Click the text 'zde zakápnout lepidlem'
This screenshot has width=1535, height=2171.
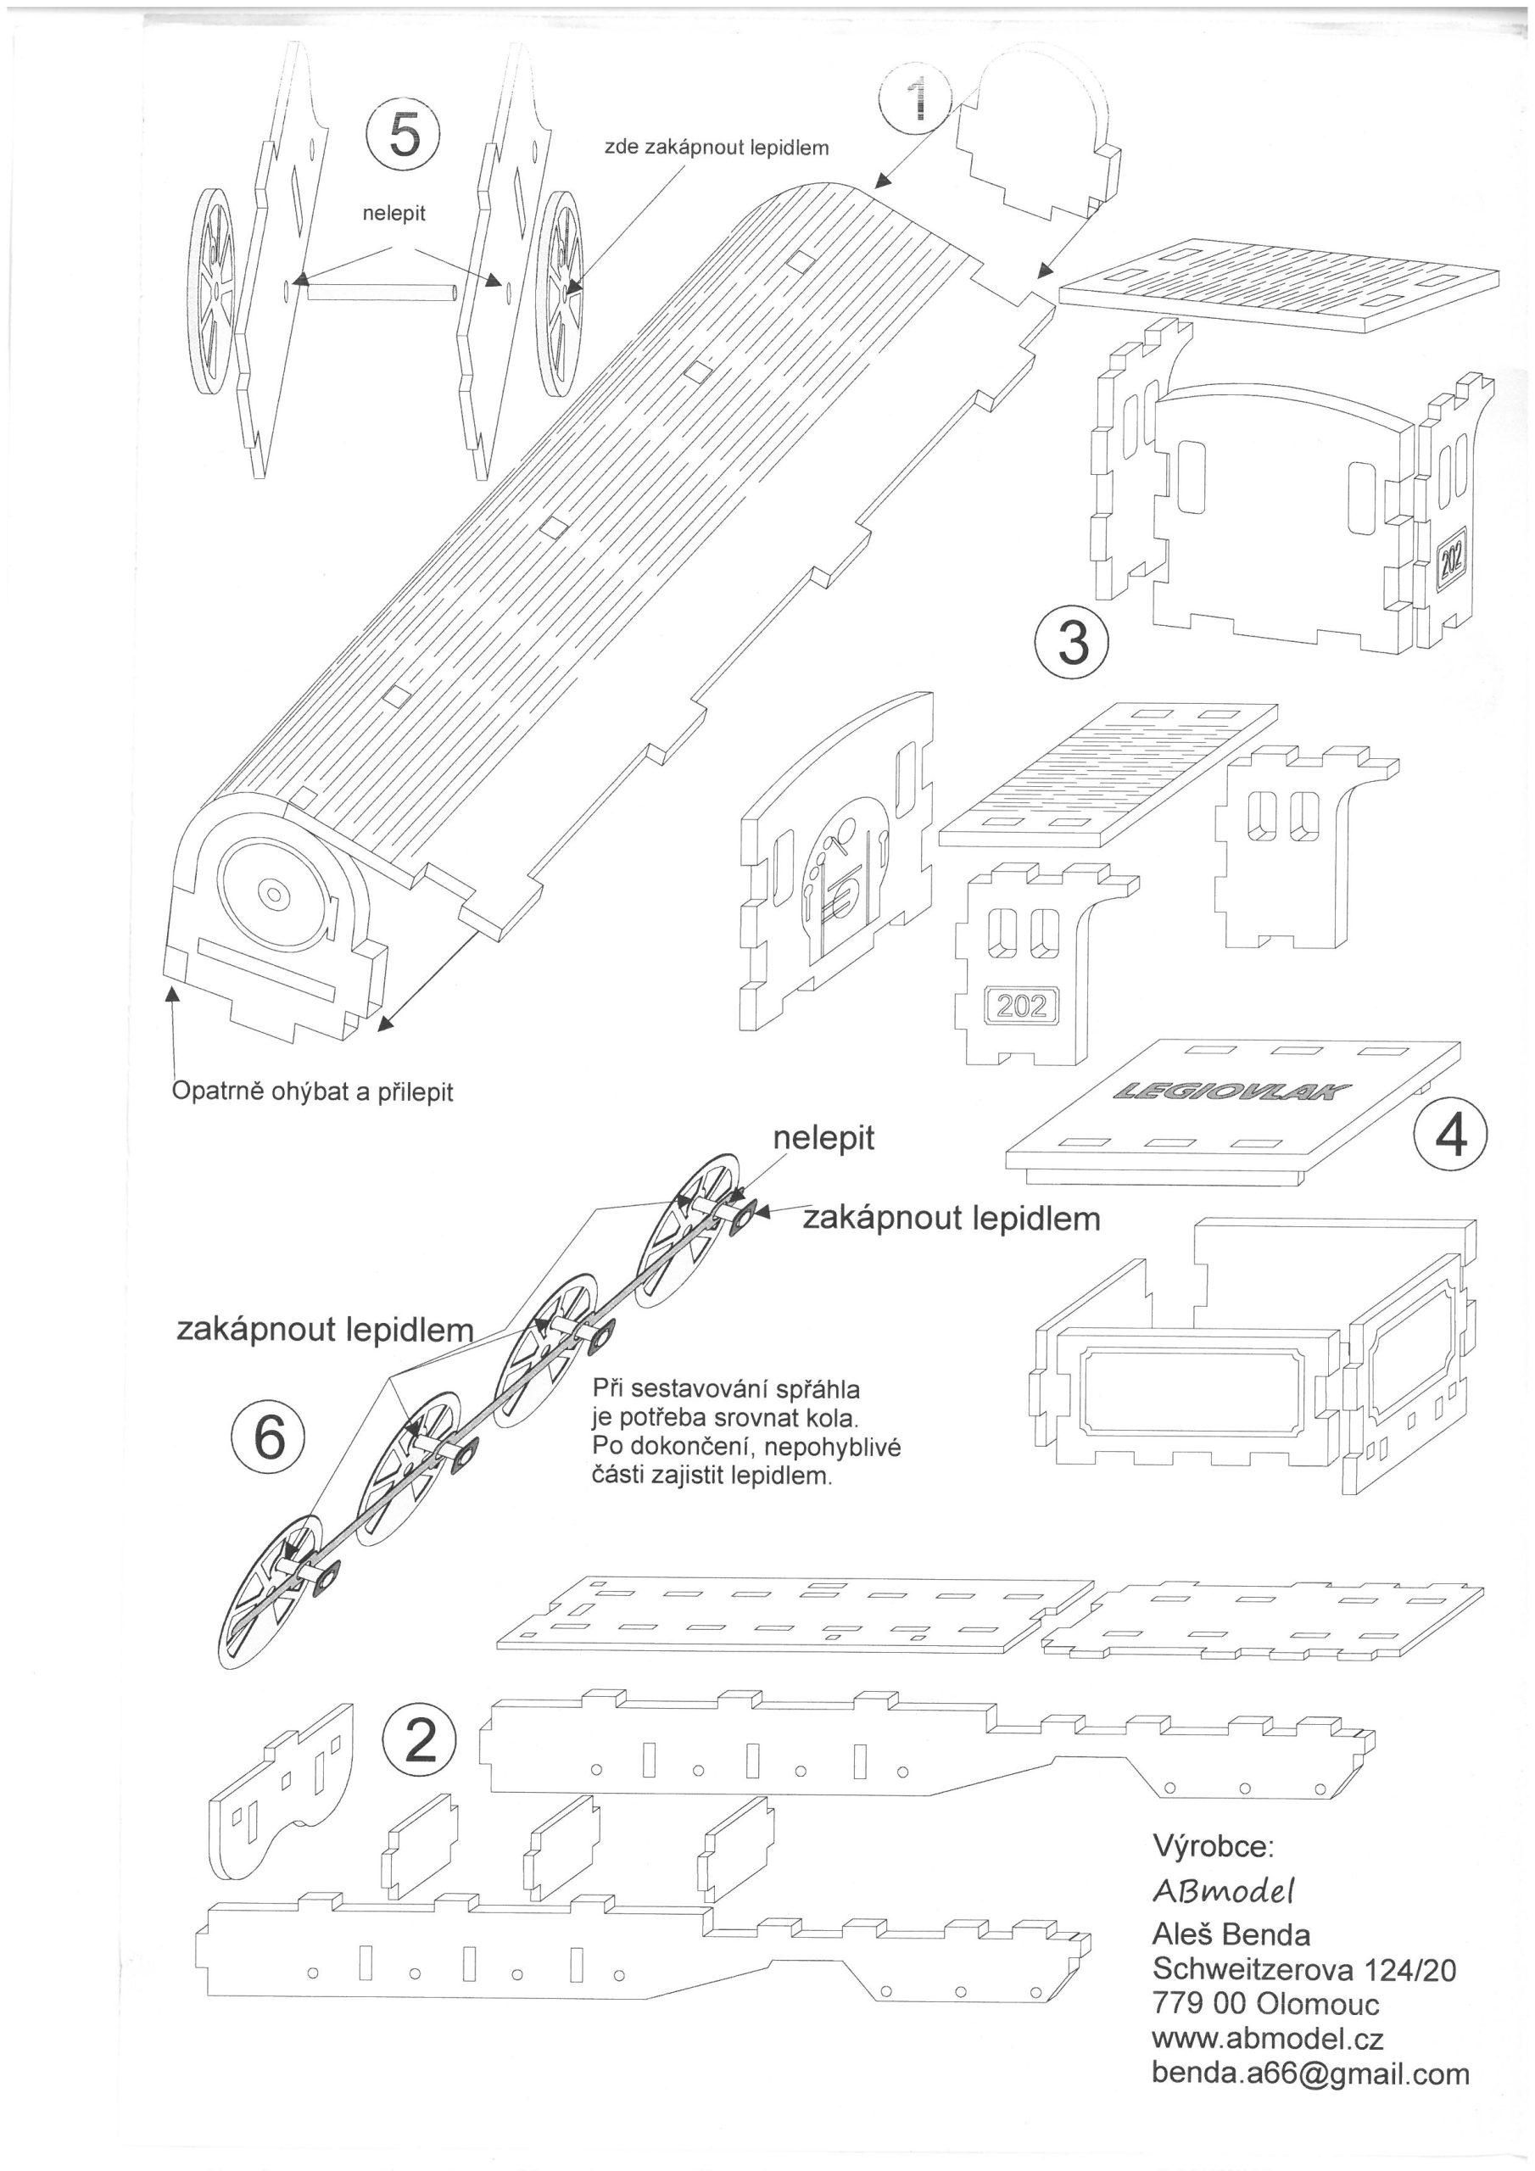click(717, 148)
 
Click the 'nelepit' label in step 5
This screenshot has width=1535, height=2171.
click(394, 214)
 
